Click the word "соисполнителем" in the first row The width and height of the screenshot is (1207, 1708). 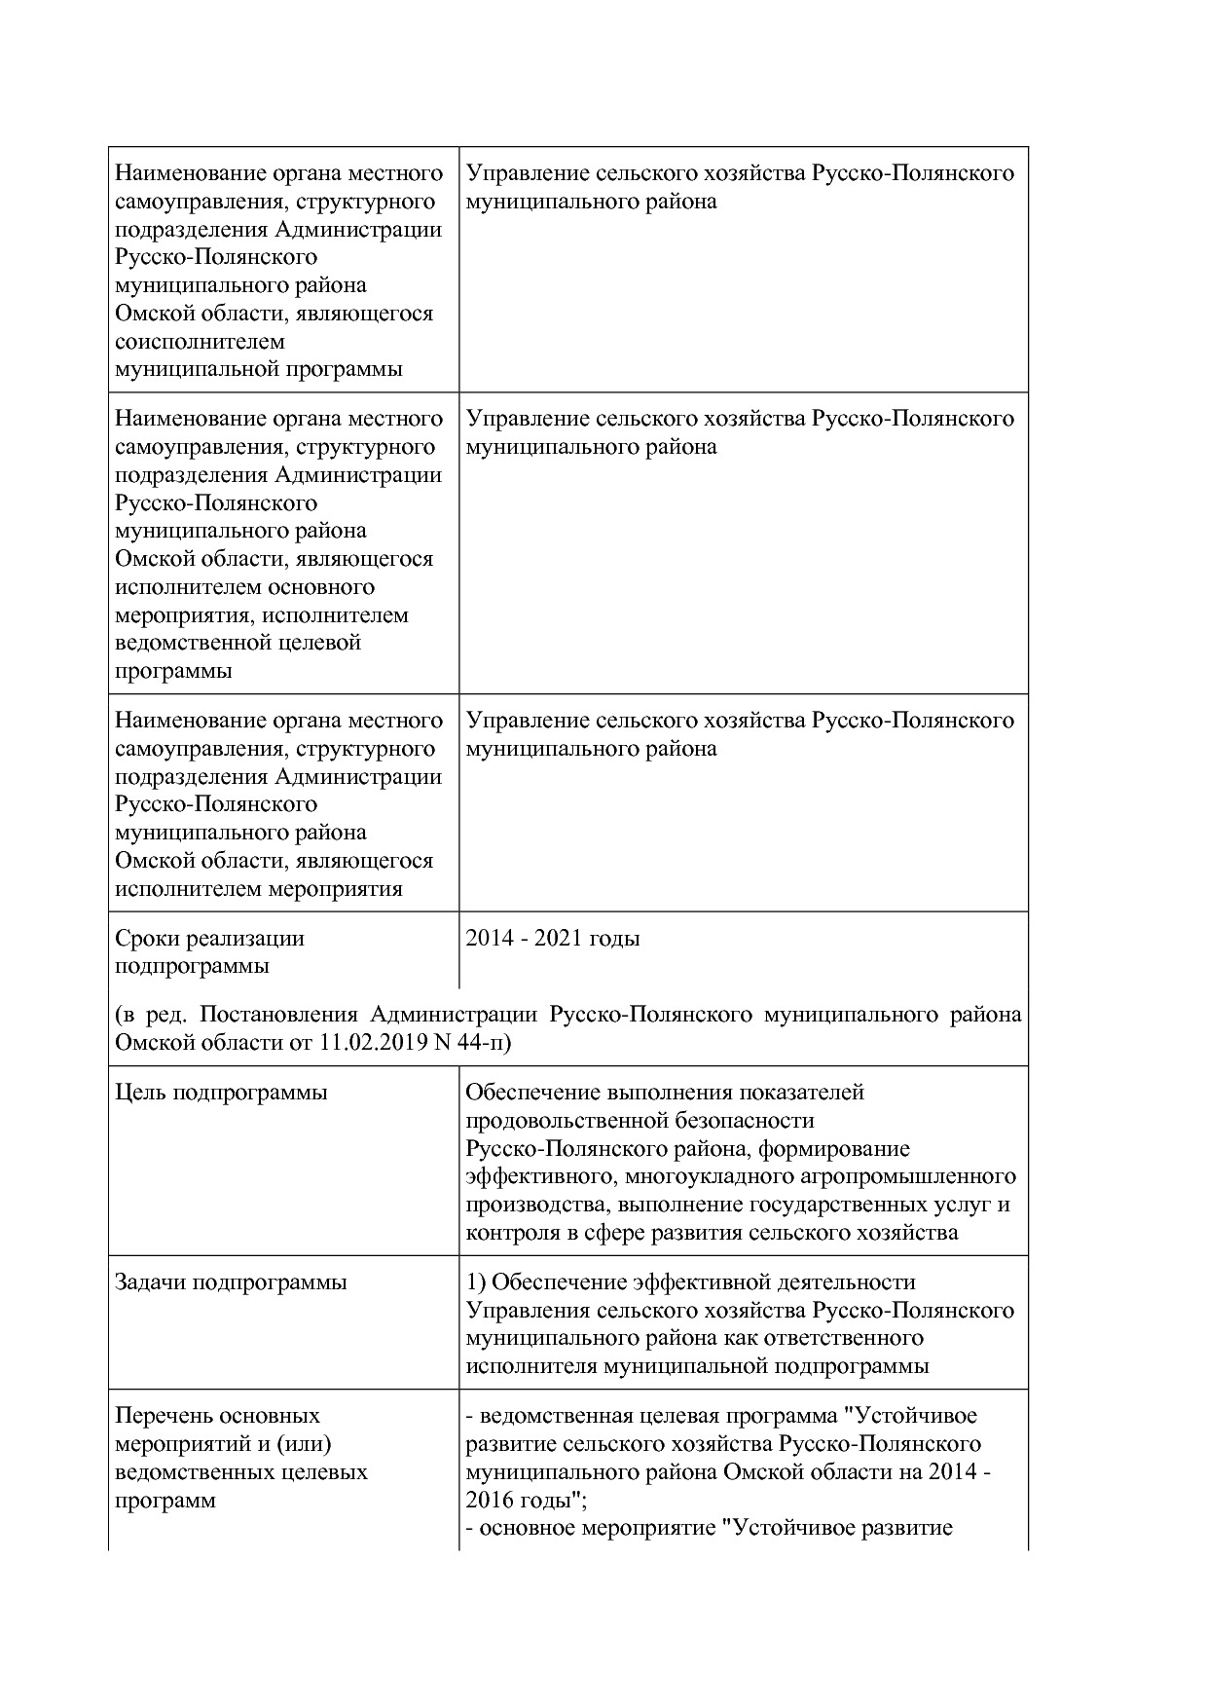(200, 342)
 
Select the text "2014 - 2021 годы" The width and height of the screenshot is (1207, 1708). (552, 939)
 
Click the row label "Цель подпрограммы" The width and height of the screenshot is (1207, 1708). (221, 1093)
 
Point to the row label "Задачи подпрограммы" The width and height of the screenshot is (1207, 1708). (231, 1282)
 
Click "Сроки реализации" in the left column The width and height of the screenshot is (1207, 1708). (209, 939)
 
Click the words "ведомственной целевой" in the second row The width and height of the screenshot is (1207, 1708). (238, 643)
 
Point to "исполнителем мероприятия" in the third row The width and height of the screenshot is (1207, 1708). (258, 889)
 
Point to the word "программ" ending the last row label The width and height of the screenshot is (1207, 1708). (165, 1500)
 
